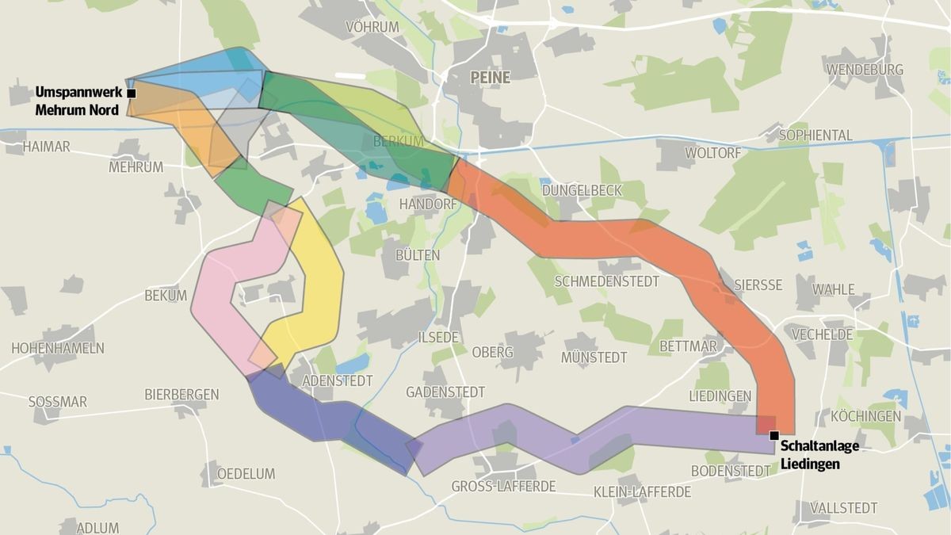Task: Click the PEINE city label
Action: click(490, 78)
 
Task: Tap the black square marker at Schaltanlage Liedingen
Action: click(773, 434)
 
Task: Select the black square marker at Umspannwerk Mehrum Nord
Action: click(132, 94)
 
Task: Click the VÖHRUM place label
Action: click(372, 28)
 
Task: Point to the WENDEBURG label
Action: click(865, 70)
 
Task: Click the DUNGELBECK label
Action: click(582, 191)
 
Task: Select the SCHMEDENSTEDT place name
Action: click(609, 281)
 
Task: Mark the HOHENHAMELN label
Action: click(58, 348)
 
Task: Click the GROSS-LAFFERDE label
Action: click(503, 486)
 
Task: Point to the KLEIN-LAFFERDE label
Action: click(642, 492)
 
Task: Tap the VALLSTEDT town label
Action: click(843, 508)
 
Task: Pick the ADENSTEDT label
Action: click(338, 381)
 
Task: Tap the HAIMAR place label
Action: click(46, 147)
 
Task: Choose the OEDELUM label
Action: click(246, 474)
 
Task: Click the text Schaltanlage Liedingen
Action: click(819, 455)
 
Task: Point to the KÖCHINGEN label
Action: click(865, 416)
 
